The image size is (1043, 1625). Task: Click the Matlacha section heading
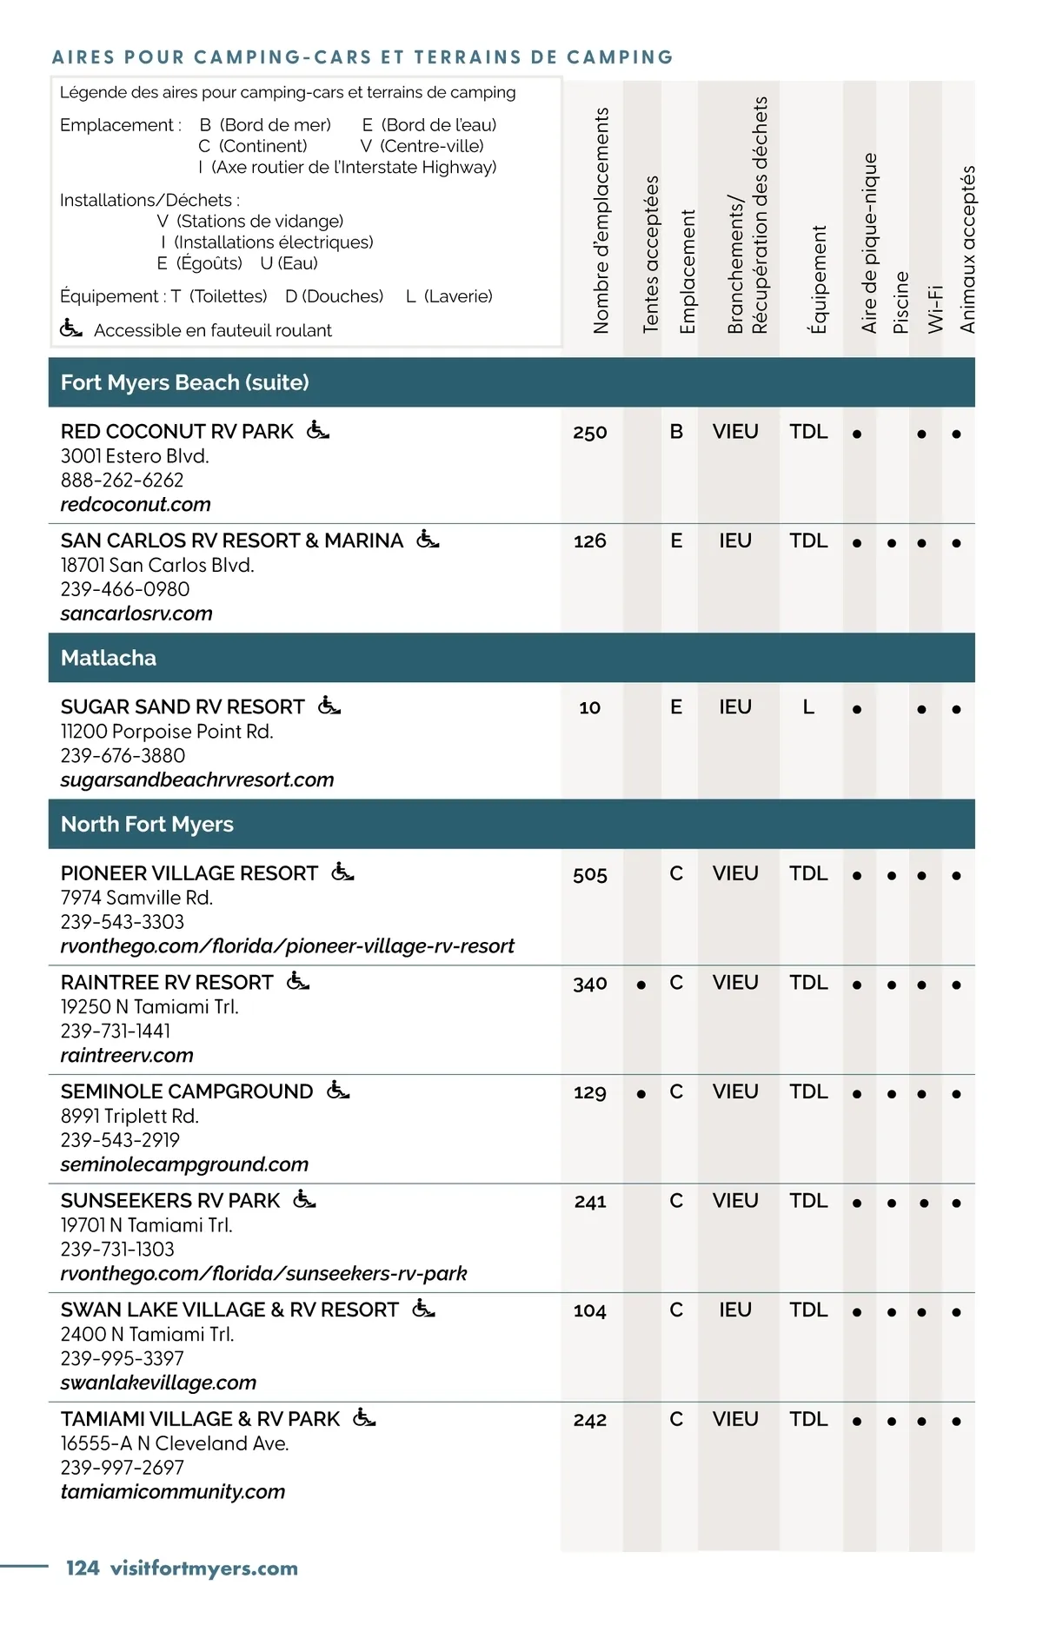[109, 658]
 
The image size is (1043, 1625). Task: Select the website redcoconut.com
[136, 505]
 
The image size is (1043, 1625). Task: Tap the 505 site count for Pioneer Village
[590, 875]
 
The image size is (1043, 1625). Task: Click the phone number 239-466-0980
[125, 589]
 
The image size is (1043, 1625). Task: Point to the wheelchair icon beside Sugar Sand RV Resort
[329, 706]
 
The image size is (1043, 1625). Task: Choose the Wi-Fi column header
[935, 308]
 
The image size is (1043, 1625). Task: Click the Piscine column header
[901, 302]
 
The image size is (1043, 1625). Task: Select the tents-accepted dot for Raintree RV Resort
[641, 985]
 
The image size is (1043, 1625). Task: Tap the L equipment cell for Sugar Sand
[808, 707]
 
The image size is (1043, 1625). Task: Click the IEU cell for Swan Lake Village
[735, 1310]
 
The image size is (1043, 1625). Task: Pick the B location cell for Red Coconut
[676, 432]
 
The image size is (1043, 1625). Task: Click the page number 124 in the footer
[83, 1569]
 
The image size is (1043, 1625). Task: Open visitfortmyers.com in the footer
[204, 1569]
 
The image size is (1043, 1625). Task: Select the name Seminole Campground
[187, 1091]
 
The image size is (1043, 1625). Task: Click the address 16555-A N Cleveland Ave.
[175, 1443]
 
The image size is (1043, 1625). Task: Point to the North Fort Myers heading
[147, 824]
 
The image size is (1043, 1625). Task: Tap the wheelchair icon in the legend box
[70, 329]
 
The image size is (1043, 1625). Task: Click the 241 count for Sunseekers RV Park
[590, 1202]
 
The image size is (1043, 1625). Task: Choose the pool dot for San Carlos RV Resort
[892, 543]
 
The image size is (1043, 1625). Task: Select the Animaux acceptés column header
[968, 249]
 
